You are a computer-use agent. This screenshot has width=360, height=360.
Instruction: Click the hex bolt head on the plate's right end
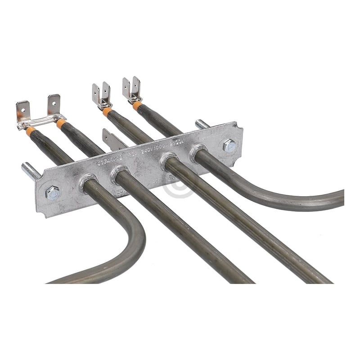(x=229, y=145)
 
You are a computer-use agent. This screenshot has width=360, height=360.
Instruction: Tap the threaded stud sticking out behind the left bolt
(x=31, y=171)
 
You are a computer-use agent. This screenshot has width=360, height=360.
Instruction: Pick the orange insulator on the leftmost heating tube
(x=31, y=131)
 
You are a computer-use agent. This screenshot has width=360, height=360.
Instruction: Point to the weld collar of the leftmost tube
(x=86, y=182)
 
